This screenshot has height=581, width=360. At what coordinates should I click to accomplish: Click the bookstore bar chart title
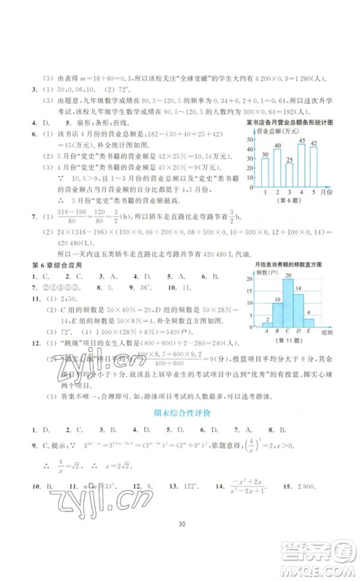point(289,123)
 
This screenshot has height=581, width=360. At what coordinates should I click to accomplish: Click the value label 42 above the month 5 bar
point(314,144)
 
